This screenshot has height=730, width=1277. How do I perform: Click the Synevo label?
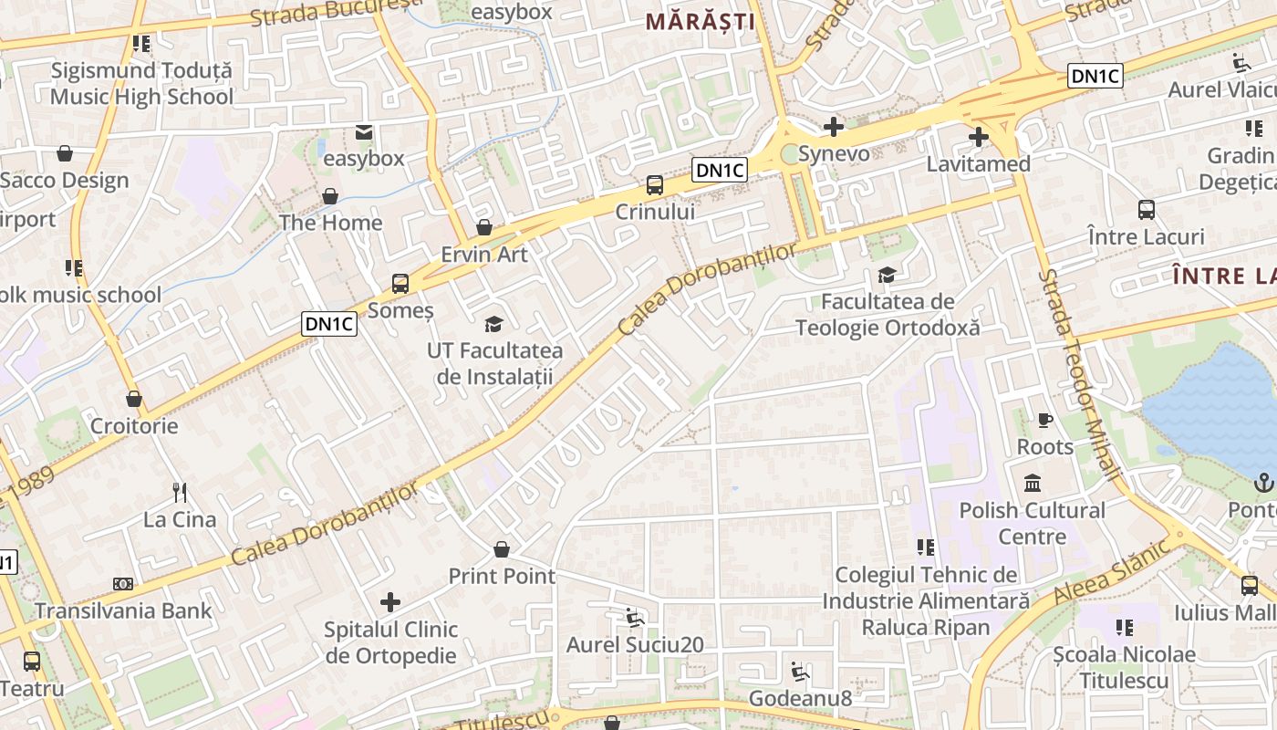834,154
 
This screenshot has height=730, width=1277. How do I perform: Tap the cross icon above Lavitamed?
979,138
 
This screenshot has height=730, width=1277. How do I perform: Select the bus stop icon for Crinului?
655,185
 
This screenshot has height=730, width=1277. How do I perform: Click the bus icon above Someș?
400,284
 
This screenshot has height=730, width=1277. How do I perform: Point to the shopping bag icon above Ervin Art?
484,227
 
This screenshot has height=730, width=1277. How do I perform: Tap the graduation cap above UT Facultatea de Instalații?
493,324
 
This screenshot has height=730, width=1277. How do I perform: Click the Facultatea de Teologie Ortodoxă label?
888,314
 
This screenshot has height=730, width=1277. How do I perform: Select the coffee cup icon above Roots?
1045,421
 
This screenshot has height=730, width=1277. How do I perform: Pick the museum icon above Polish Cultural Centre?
1033,483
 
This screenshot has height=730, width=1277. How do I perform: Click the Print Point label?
502,576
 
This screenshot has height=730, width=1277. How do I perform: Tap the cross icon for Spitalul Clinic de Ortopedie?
390,602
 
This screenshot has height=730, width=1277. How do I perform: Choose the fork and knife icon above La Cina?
180,493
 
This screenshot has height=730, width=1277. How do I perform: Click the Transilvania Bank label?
123,610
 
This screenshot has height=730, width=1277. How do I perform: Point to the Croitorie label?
134,426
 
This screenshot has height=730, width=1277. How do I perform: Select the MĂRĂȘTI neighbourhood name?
701,22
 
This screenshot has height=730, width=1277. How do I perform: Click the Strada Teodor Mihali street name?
1082,374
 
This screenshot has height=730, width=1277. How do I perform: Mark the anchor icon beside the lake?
1264,483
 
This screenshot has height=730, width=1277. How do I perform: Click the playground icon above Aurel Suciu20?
635,618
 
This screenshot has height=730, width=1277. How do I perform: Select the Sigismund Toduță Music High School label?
141,83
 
